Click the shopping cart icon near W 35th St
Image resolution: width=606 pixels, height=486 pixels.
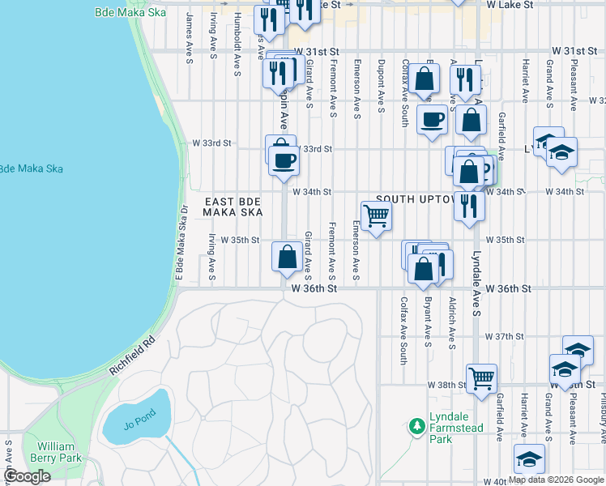(376, 217)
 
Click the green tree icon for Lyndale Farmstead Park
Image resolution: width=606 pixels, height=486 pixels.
(416, 424)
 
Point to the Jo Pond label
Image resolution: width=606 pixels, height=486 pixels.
(137, 424)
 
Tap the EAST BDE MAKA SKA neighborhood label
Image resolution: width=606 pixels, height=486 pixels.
(233, 207)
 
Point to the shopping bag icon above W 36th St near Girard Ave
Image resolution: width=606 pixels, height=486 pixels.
(287, 257)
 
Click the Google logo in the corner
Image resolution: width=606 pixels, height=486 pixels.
(27, 476)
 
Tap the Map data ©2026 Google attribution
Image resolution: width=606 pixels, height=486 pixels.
(556, 480)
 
